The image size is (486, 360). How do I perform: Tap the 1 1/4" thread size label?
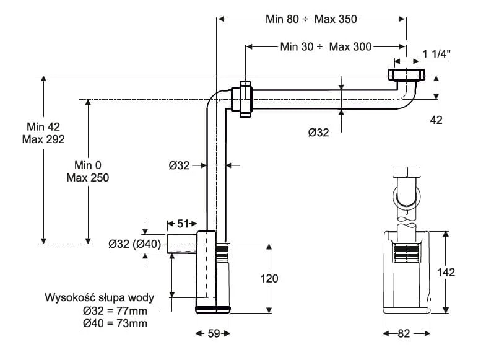(x=436, y=54)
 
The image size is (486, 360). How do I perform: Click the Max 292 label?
(x=43, y=139)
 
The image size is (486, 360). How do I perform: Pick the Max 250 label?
(x=87, y=178)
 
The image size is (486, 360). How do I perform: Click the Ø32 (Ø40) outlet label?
(x=135, y=244)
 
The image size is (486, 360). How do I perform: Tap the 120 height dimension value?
(x=269, y=279)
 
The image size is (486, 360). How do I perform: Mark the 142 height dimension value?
(x=446, y=272)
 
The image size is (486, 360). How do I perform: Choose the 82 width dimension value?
(x=404, y=334)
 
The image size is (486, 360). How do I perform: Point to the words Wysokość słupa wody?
(x=99, y=297)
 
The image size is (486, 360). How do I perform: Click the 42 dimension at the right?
(x=436, y=120)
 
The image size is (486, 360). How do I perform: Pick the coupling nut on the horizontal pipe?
(x=243, y=98)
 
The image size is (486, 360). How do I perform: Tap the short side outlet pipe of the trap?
(x=181, y=244)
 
